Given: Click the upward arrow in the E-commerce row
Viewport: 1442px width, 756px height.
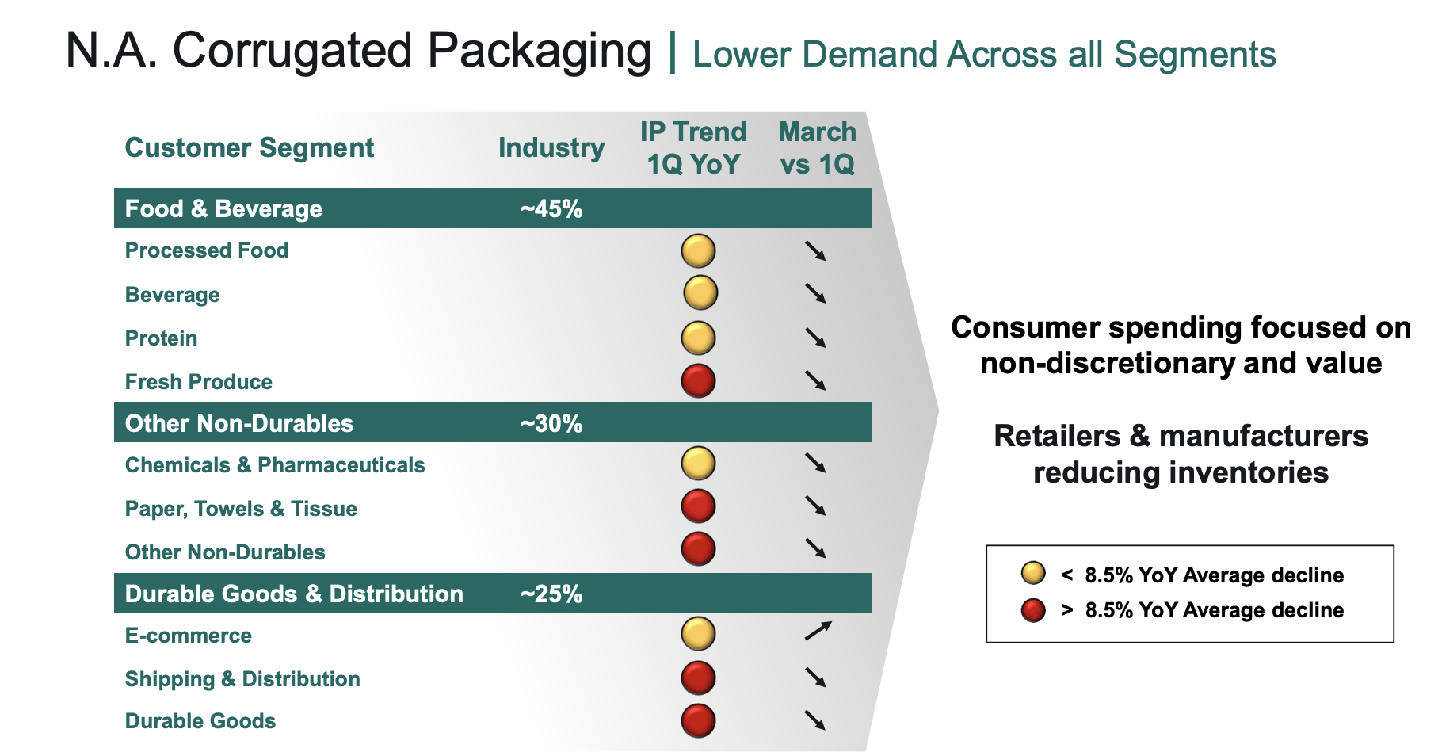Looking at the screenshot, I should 818,631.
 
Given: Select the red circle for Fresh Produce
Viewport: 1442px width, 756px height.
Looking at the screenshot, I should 698,380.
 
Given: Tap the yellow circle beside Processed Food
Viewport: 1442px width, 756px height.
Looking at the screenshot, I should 698,251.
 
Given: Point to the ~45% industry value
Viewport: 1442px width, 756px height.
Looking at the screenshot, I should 551,209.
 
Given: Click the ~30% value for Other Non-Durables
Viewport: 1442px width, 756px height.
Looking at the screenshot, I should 551,423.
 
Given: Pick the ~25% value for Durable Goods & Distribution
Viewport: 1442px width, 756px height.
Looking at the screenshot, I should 551,594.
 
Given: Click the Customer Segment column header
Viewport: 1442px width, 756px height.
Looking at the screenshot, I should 250,148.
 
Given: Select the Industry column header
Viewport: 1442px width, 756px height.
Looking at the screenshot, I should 551,148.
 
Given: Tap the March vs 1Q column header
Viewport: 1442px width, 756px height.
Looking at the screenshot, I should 817,148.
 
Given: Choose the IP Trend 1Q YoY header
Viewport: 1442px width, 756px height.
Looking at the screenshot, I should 693,148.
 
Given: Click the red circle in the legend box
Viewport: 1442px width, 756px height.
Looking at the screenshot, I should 1033,610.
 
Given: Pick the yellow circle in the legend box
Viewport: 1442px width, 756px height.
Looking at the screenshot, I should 1033,573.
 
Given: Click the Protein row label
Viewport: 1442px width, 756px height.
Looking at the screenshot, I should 162,338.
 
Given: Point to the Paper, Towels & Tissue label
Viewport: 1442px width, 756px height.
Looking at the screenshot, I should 241,509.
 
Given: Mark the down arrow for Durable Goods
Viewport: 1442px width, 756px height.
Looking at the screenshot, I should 815,720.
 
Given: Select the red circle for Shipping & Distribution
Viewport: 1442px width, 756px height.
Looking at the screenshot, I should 698,678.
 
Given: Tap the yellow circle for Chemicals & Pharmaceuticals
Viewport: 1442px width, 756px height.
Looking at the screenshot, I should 698,464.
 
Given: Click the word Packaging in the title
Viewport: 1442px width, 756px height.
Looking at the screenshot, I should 539,52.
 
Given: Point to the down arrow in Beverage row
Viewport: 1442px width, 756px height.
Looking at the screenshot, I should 815,293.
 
